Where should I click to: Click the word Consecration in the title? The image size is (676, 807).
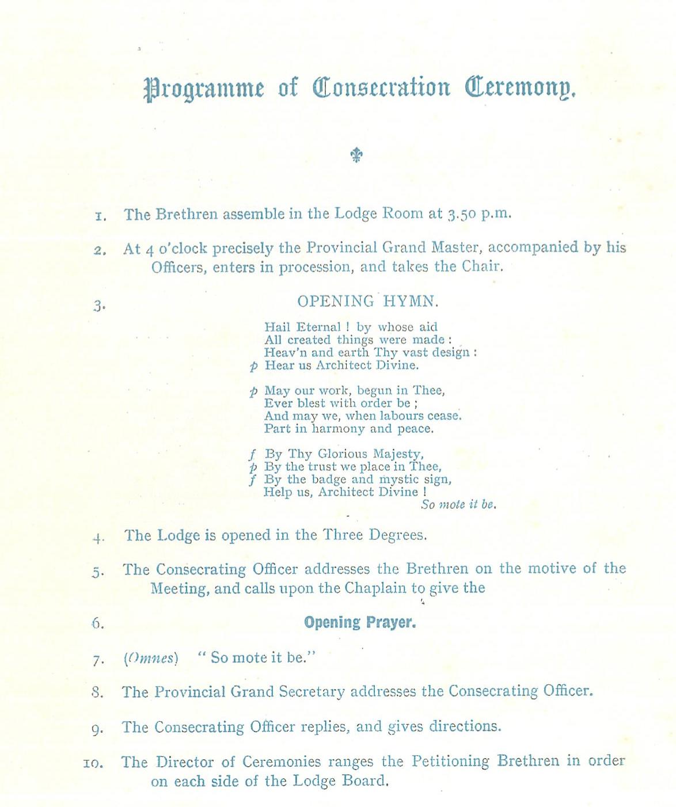[x=381, y=87]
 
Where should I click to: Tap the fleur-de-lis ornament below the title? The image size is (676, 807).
[x=356, y=154]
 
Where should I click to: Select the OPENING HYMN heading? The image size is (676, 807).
[x=368, y=301]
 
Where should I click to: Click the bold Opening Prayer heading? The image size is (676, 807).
[x=360, y=622]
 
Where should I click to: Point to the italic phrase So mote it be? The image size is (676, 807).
[x=458, y=505]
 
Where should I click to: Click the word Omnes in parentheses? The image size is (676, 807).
[x=151, y=658]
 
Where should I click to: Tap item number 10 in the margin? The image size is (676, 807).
[x=93, y=764]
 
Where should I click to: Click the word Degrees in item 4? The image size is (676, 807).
[x=397, y=535]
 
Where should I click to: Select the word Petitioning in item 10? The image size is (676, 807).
[x=450, y=762]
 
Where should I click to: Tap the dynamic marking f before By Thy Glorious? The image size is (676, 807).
[x=252, y=454]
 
